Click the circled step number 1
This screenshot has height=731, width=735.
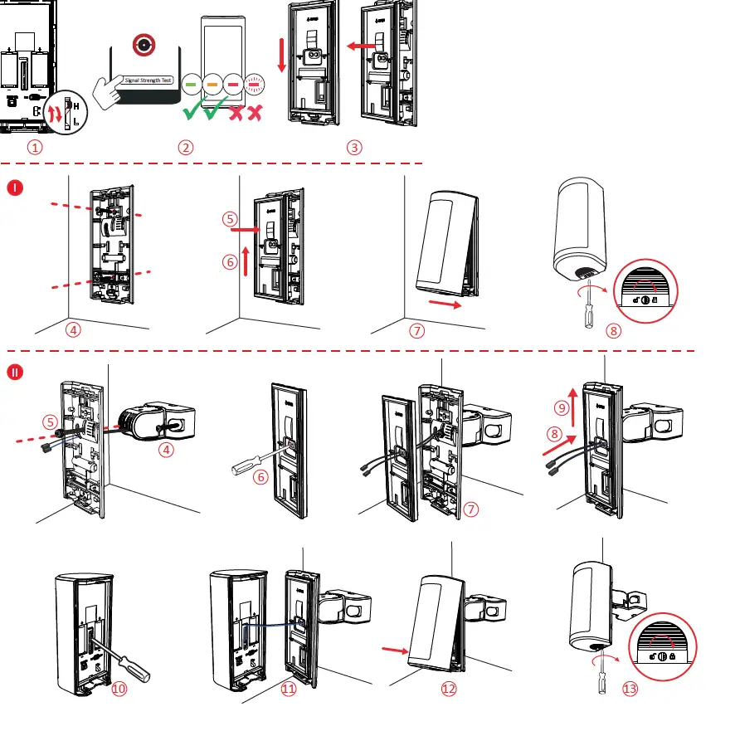tap(34, 148)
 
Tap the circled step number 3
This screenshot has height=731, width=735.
tap(354, 148)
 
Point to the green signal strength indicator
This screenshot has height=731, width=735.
tap(192, 84)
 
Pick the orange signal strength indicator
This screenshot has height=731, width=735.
tap(212, 84)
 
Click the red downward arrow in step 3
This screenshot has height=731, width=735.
tap(282, 66)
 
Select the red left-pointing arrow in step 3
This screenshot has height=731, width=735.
tap(360, 47)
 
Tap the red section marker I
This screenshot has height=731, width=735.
tap(16, 188)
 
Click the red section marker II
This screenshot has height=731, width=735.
tap(16, 373)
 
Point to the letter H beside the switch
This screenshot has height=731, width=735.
tap(77, 106)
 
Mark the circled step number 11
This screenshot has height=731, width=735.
tap(289, 689)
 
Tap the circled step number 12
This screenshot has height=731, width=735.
tap(449, 689)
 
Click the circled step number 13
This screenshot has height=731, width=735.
tap(630, 689)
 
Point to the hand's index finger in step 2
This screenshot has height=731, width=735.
tap(109, 81)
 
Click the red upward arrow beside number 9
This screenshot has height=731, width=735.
tap(572, 395)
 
